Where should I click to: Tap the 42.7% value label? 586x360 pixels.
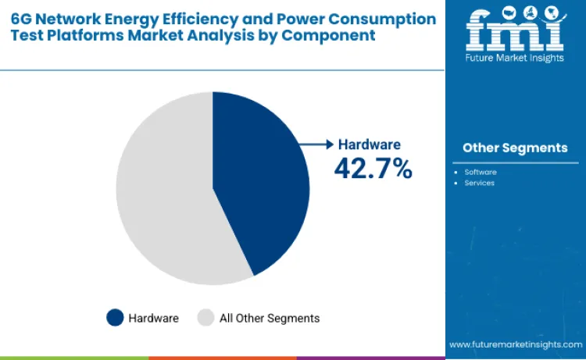[373, 168]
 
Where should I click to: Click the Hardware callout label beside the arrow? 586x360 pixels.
[369, 144]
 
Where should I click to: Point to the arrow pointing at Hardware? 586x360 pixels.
[318, 144]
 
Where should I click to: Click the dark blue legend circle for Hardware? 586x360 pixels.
[115, 318]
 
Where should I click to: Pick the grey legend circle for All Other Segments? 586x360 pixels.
[205, 318]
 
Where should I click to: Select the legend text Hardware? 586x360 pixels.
[154, 318]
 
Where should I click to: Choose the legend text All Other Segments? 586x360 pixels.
[270, 318]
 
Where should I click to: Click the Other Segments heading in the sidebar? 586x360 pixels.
[515, 148]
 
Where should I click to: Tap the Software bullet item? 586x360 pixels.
[481, 171]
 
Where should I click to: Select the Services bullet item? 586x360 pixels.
[479, 183]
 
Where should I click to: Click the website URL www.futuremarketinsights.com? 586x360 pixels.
[515, 344]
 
